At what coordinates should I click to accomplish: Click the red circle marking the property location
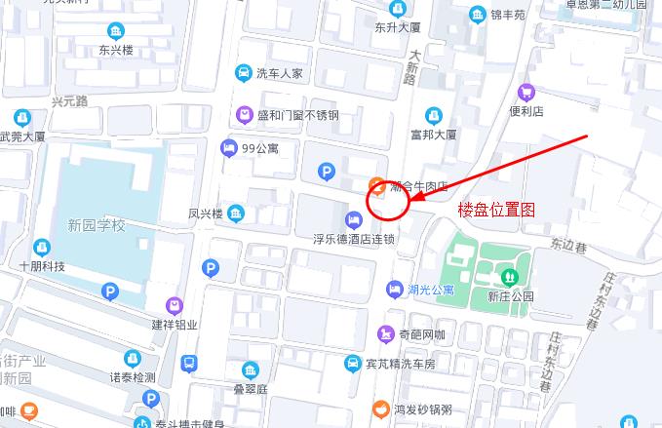[387, 201]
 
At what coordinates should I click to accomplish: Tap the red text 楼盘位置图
[497, 210]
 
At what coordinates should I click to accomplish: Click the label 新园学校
[97, 226]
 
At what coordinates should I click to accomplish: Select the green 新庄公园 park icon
[508, 276]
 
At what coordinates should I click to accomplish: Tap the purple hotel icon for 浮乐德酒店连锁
[353, 216]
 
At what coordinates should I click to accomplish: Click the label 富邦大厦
[434, 135]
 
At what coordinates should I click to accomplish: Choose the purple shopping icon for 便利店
[526, 93]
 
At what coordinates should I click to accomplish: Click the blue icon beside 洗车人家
[242, 72]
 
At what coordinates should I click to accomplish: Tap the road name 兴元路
[70, 101]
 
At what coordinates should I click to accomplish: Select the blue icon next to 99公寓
[228, 148]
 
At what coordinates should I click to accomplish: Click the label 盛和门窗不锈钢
[297, 115]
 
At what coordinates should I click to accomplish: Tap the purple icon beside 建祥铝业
[174, 305]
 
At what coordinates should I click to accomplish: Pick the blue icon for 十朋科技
[41, 248]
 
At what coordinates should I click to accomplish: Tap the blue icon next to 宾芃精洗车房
[353, 364]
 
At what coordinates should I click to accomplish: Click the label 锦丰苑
[507, 15]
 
